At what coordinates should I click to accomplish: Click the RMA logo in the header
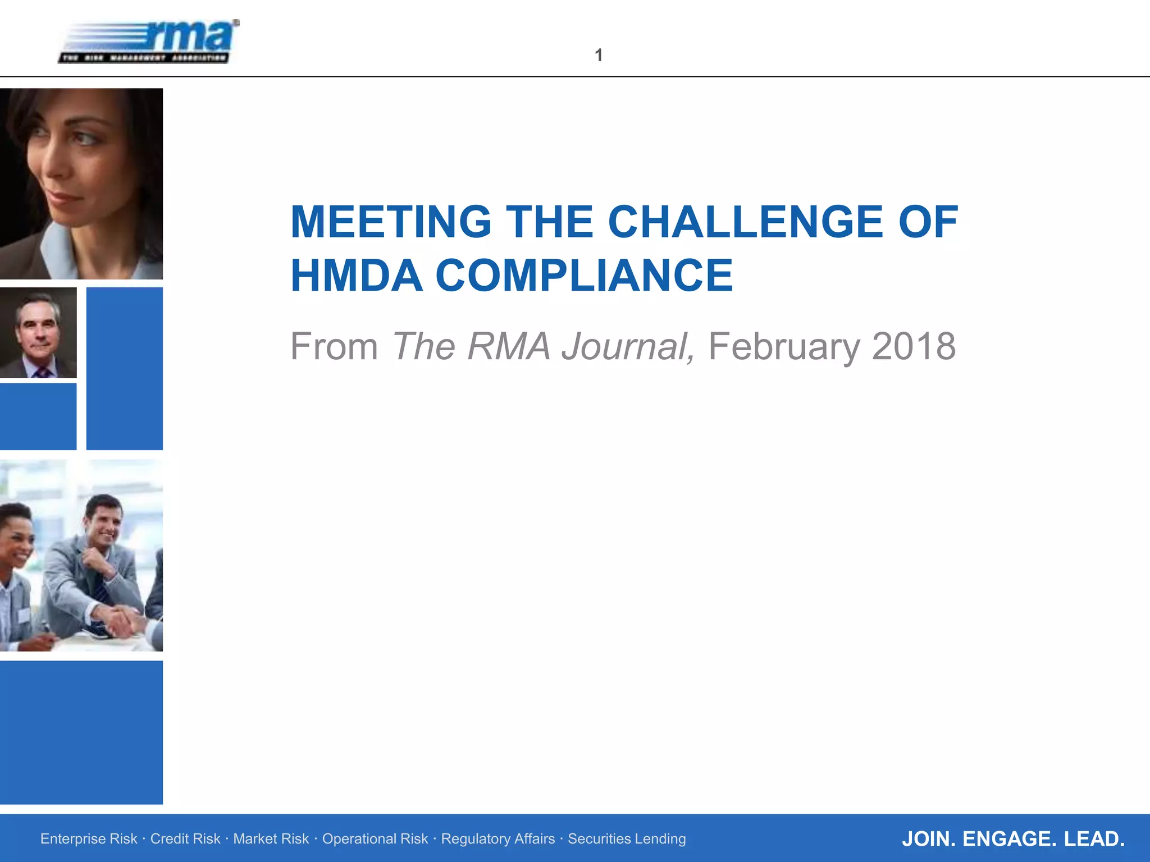(x=149, y=42)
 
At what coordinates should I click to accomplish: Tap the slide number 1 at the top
(x=599, y=55)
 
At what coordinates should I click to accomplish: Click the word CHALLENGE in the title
(x=746, y=222)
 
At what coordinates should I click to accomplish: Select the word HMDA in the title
(x=356, y=276)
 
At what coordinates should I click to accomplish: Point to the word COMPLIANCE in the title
(x=584, y=276)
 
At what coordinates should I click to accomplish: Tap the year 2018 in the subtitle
(x=914, y=346)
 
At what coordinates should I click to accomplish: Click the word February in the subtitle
(x=784, y=346)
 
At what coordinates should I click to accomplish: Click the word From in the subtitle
(x=334, y=346)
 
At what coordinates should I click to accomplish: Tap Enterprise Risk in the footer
(x=89, y=838)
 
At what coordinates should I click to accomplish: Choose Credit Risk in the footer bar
(x=185, y=838)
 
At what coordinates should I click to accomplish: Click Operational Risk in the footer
(x=375, y=838)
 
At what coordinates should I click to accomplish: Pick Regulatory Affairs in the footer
(x=498, y=838)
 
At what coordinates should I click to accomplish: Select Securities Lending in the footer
(x=627, y=838)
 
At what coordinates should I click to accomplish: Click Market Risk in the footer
(x=271, y=838)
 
